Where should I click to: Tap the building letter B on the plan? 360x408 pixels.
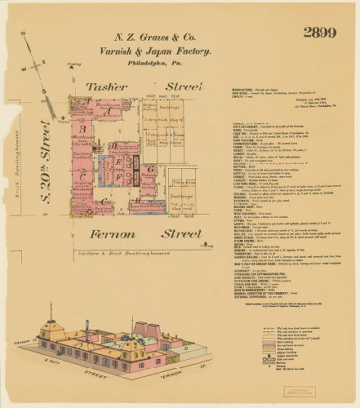tap(82, 128)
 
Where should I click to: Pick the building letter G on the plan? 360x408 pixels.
tap(149, 169)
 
